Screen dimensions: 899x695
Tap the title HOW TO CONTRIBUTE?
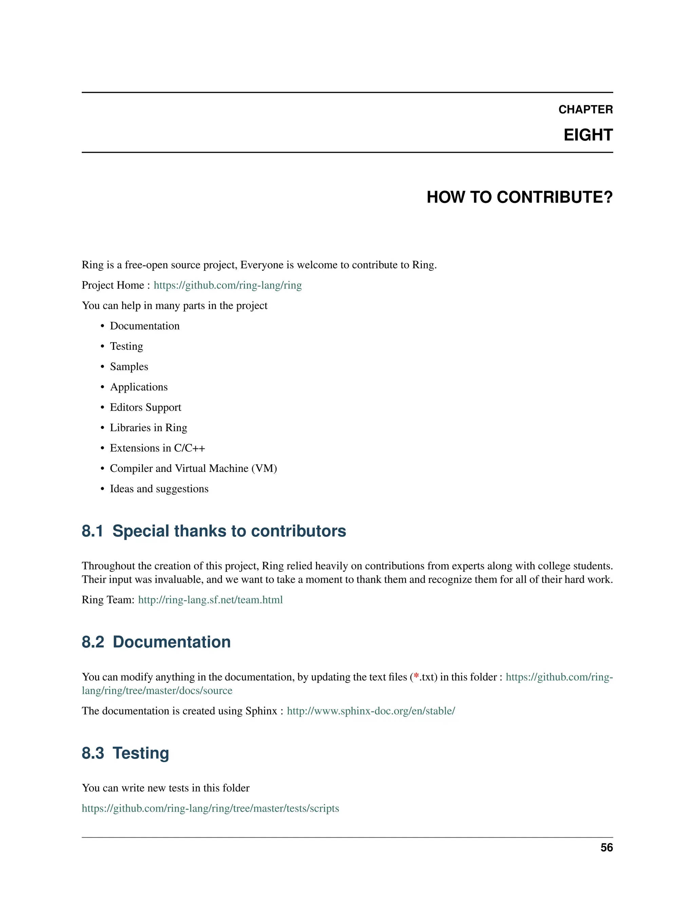click(519, 197)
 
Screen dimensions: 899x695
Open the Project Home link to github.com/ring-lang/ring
click(227, 285)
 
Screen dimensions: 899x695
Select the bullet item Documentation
click(145, 326)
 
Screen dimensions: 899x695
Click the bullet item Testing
click(126, 346)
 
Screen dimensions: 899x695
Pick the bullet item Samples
click(129, 367)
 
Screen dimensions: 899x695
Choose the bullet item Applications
click(139, 387)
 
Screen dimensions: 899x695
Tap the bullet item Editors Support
click(145, 407)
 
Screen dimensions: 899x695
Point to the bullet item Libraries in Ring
click(148, 428)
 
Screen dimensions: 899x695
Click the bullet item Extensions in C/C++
click(157, 448)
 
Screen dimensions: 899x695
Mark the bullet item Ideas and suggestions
click(159, 489)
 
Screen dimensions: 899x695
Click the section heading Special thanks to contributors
click(229, 531)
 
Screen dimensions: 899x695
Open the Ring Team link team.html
click(210, 600)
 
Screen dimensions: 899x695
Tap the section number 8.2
click(93, 642)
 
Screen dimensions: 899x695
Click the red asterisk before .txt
click(416, 676)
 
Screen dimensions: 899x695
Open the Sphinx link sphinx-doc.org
click(371, 711)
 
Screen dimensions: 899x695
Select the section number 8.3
click(93, 753)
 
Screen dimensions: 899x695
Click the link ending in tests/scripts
click(210, 808)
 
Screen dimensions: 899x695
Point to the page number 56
click(606, 847)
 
